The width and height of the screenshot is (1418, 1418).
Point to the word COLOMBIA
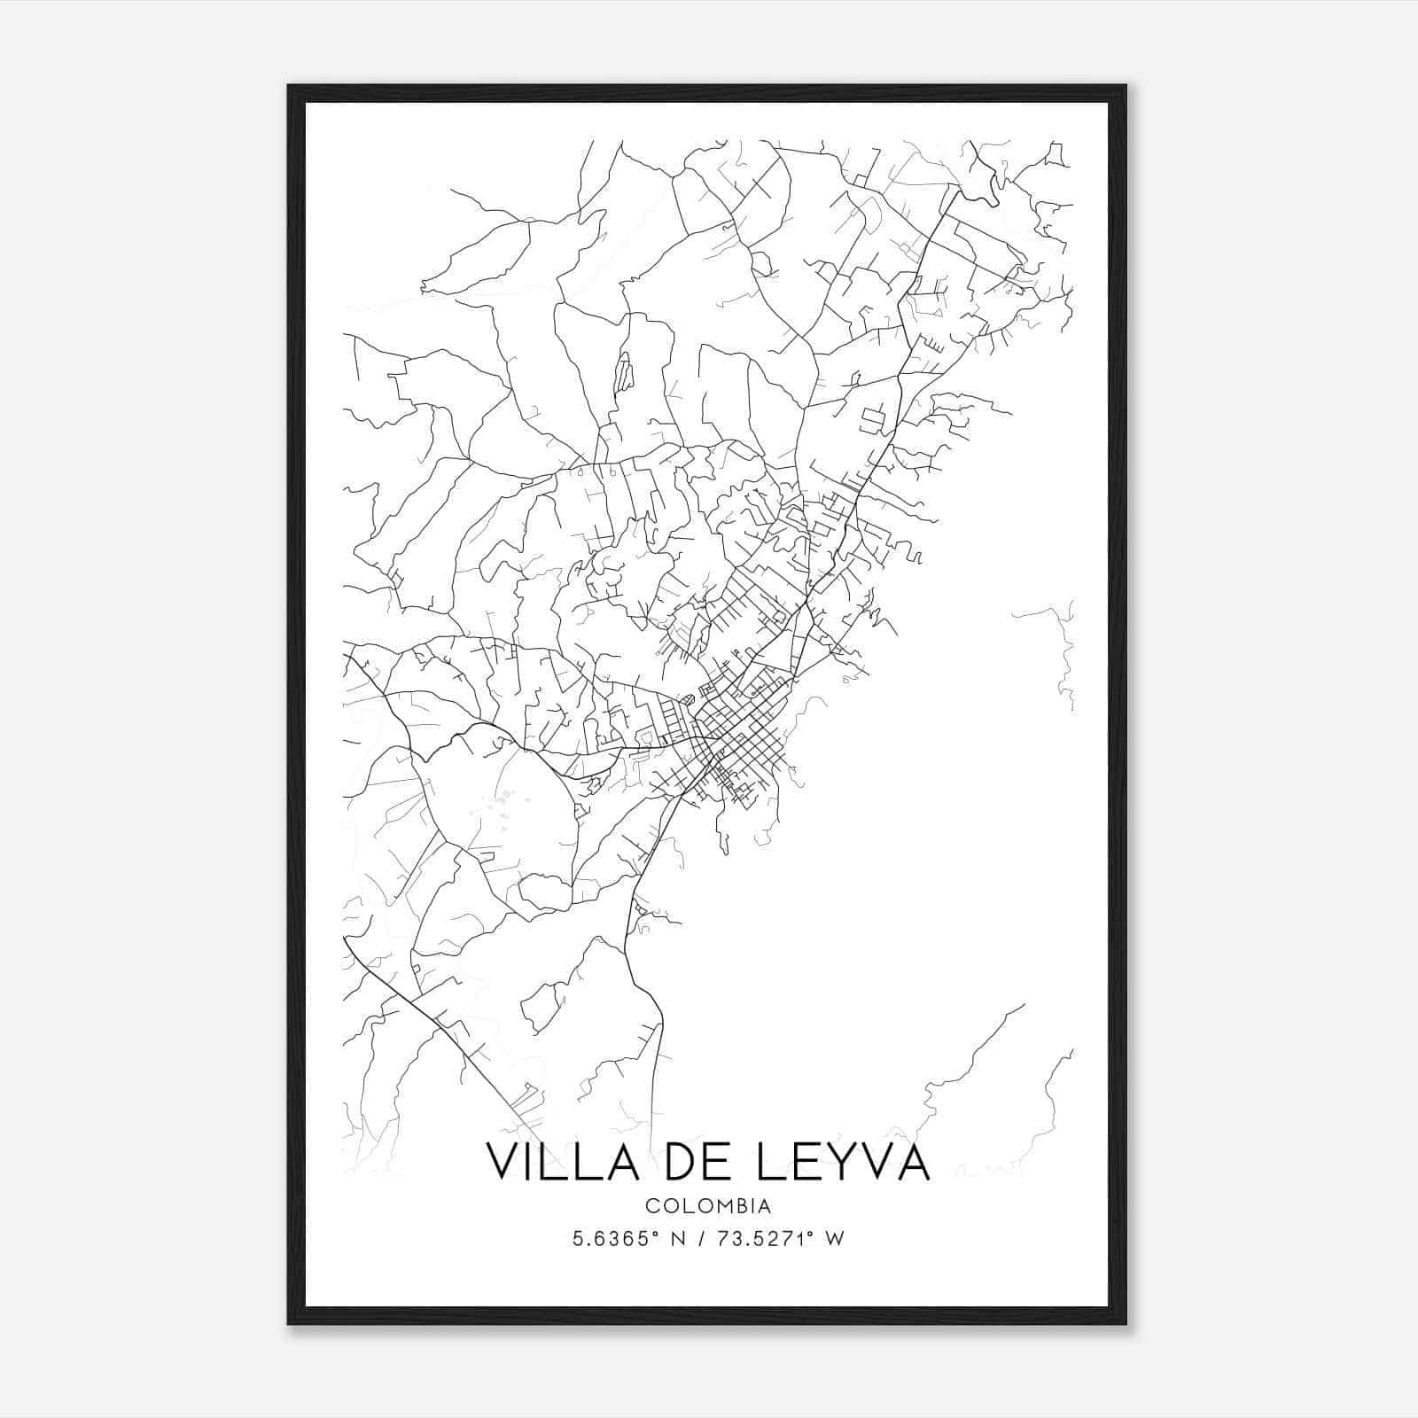point(708,1206)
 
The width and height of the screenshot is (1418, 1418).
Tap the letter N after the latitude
point(678,1239)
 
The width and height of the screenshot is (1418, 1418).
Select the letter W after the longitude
point(835,1239)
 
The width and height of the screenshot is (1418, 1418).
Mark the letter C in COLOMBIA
point(651,1206)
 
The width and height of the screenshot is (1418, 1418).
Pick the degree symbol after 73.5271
point(811,1234)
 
